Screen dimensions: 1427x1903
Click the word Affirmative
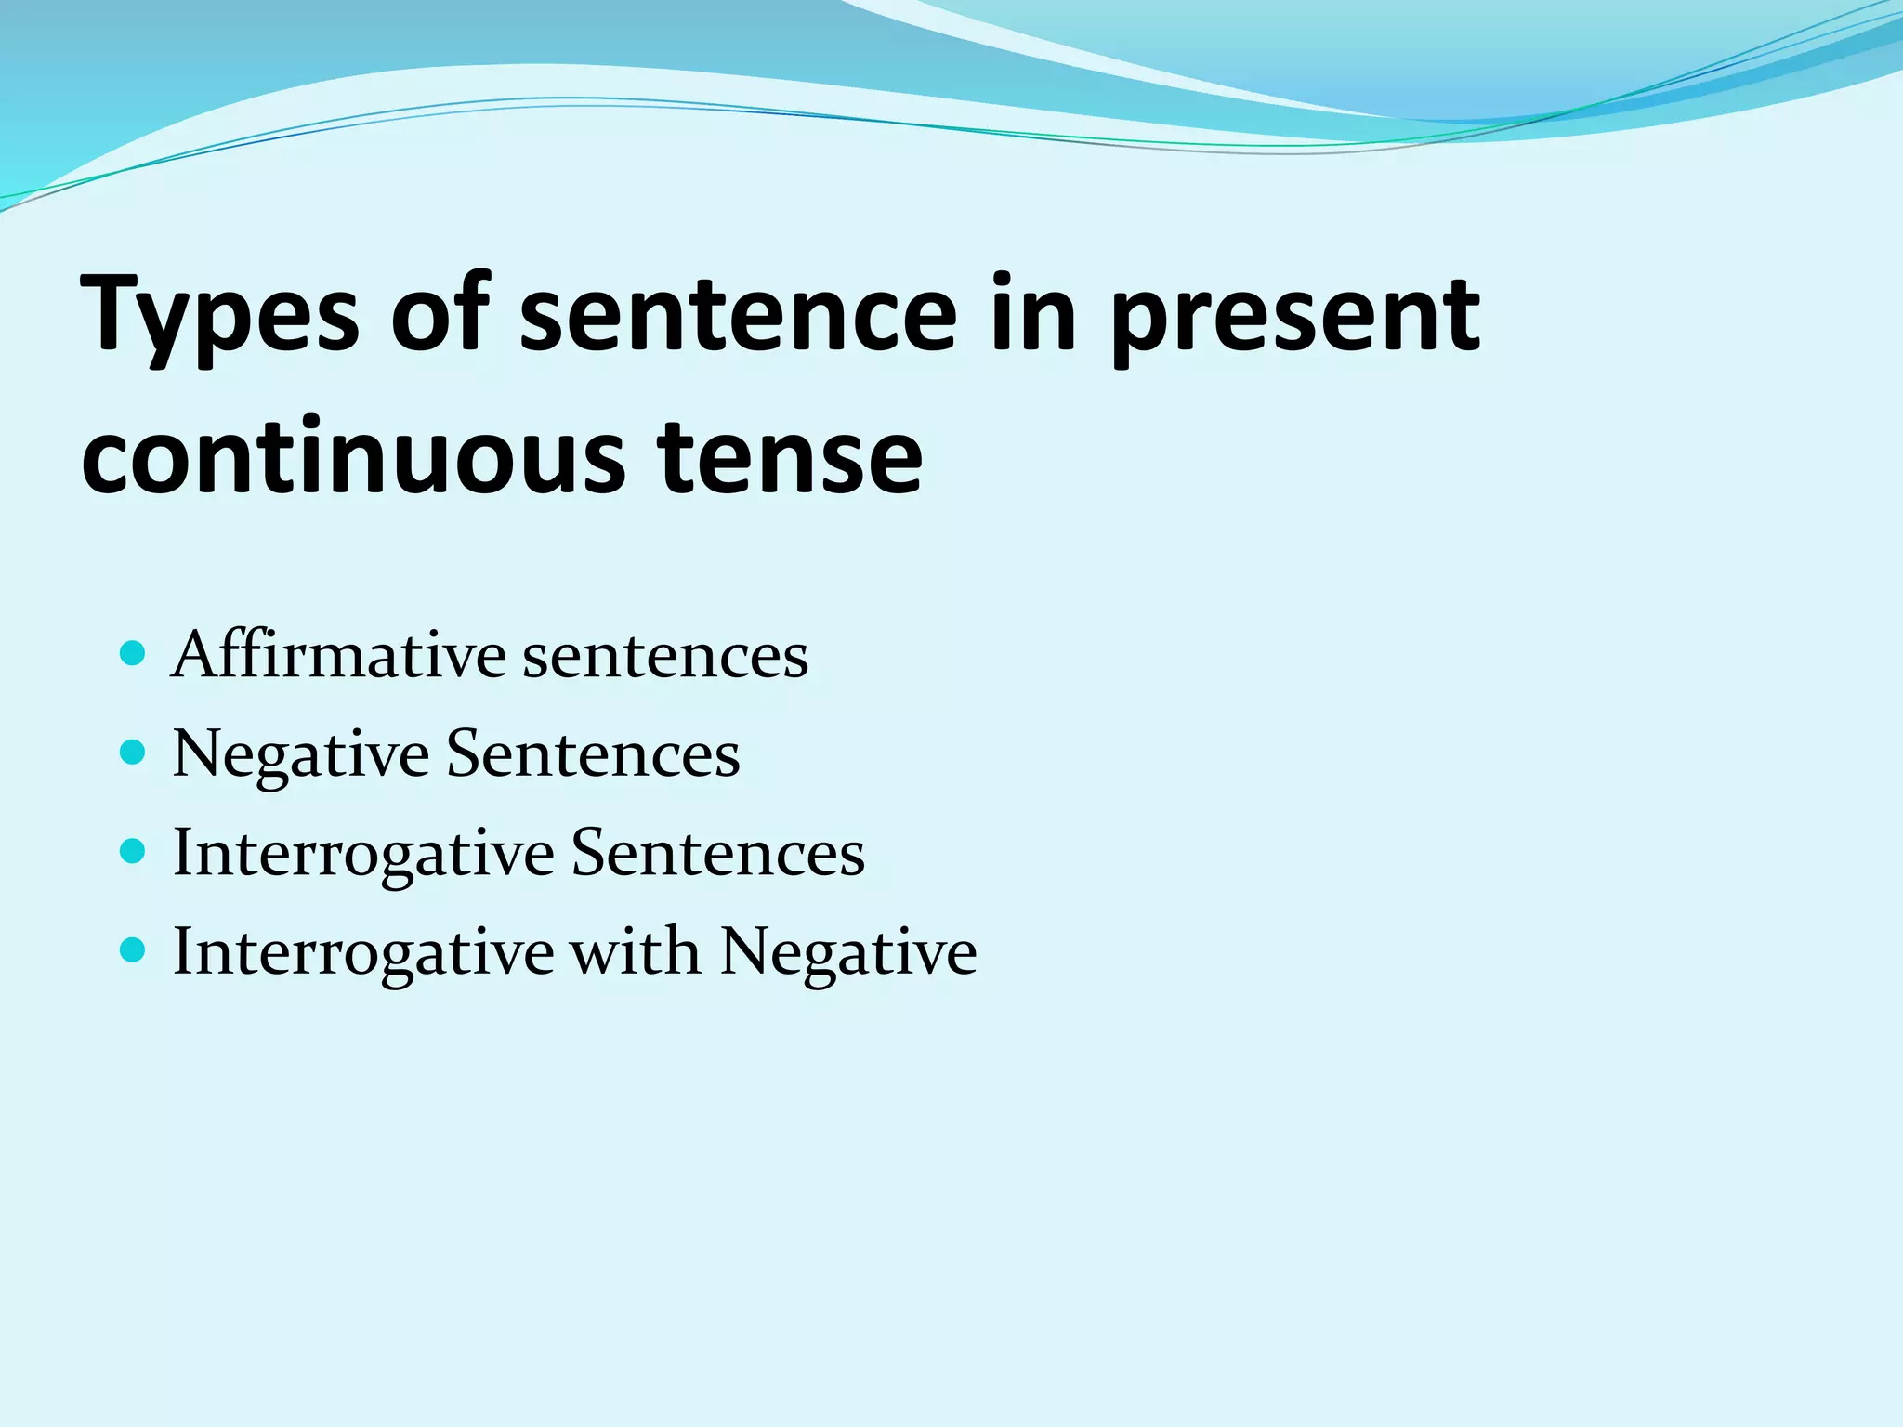(x=339, y=655)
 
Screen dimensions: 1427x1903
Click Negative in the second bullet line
(x=300, y=755)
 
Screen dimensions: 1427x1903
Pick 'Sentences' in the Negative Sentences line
(x=593, y=753)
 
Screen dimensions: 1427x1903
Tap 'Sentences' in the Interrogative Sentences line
(x=717, y=853)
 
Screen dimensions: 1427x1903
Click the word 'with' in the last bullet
(x=636, y=951)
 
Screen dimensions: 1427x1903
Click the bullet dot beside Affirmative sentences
(x=134, y=653)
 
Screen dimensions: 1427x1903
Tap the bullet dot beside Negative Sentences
(x=134, y=752)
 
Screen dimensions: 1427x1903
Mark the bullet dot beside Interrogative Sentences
(x=134, y=851)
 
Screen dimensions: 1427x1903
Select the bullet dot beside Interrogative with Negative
(x=134, y=949)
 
